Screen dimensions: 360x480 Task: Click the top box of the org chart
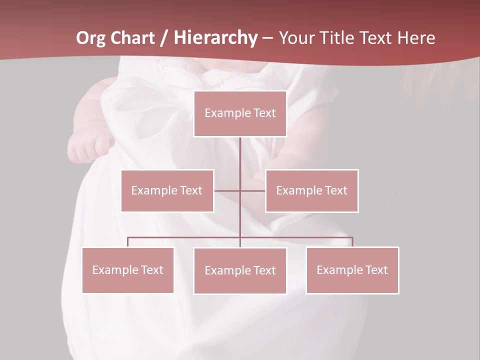240,113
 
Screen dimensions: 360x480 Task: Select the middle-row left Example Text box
167,190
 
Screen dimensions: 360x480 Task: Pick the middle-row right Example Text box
311,190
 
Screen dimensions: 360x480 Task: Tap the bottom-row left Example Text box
127,270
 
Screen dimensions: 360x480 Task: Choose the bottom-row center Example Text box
240,270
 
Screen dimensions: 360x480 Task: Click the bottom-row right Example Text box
352,270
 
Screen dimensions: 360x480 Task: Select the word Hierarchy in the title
215,38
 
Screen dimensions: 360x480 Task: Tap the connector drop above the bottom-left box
127,242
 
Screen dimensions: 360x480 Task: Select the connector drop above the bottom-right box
352,242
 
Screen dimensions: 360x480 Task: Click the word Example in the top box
222,113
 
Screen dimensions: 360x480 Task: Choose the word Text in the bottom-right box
376,270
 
